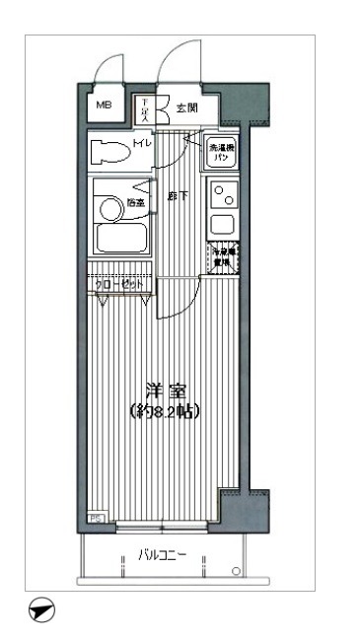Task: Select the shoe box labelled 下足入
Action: pos(144,108)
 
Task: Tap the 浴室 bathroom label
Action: pos(136,204)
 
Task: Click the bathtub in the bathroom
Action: pos(118,239)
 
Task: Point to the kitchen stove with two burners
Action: pos(222,193)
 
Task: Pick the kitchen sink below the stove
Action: pos(222,221)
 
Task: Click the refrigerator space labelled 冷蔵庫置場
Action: pos(222,256)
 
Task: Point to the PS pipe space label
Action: pos(96,517)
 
